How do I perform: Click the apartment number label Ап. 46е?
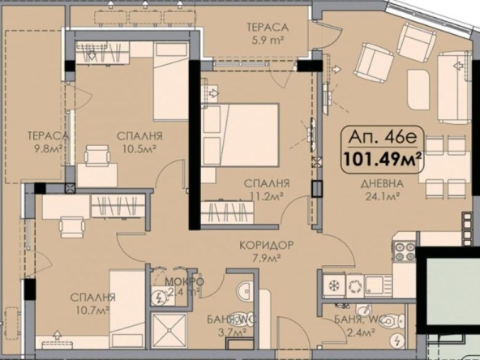(384, 137)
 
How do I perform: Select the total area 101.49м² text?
(384, 158)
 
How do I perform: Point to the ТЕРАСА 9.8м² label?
(45, 142)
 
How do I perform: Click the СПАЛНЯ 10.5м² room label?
(139, 142)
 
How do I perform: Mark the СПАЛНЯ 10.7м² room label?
(92, 303)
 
